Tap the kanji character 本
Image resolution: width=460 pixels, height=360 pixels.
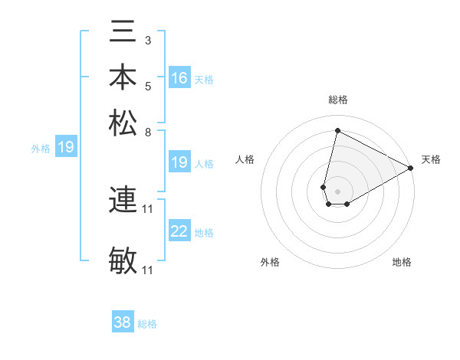(123, 77)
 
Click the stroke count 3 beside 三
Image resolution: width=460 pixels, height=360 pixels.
(148, 40)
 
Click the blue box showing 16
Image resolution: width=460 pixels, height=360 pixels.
(179, 78)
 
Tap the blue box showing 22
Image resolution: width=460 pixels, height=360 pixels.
(179, 232)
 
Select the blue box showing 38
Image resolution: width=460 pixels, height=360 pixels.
(123, 322)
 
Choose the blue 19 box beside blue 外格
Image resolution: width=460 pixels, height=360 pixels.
(66, 147)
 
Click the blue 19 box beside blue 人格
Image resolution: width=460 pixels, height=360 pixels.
(179, 162)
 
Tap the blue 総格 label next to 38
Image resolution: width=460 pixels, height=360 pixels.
(148, 324)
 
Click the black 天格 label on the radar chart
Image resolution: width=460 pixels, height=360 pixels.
(431, 159)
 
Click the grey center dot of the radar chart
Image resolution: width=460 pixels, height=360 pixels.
(337, 191)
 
